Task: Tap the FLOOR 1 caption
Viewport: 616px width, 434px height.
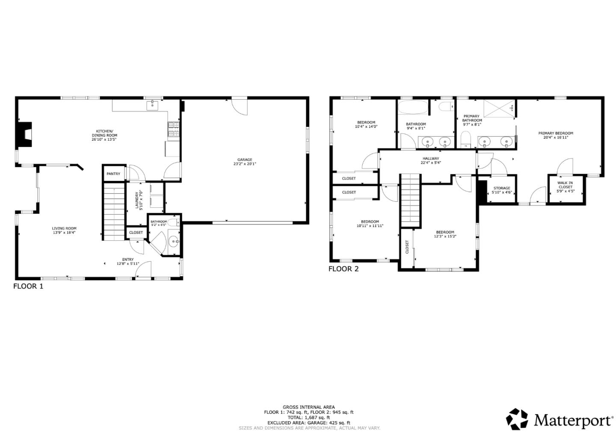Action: click(x=28, y=286)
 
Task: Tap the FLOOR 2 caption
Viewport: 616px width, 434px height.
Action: click(x=344, y=269)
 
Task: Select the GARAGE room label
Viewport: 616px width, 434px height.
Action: click(x=245, y=160)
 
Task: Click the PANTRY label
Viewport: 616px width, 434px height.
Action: click(x=113, y=174)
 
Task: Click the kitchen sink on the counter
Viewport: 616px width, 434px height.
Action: click(x=153, y=104)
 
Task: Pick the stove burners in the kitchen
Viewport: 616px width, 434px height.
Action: click(x=174, y=130)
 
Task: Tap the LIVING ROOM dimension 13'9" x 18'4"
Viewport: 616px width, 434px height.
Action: click(x=64, y=233)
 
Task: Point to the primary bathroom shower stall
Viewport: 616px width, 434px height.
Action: click(x=499, y=108)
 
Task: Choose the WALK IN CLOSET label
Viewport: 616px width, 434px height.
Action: click(x=565, y=185)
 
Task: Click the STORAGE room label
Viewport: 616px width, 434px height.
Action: click(x=502, y=188)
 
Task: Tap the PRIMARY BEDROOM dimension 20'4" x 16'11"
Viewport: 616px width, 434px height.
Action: click(x=556, y=138)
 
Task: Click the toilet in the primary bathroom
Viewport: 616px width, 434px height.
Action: click(x=466, y=139)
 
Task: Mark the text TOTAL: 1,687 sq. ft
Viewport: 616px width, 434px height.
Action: click(x=308, y=417)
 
